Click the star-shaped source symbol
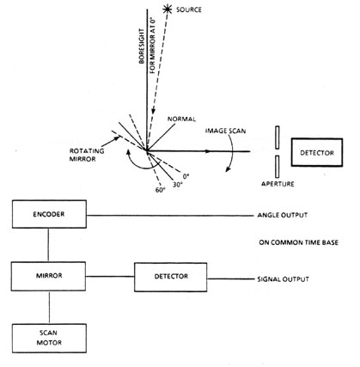167,9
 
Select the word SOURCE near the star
189,9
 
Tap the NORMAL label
181,119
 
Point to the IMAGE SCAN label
226,132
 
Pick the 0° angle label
186,175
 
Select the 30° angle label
178,185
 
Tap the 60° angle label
161,190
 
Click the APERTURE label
278,184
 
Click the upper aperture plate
278,138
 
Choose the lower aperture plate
278,167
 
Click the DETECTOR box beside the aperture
317,152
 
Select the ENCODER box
49,214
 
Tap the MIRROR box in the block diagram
48,276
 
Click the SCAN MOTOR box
49,338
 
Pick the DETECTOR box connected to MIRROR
171,277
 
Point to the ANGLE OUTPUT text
283,215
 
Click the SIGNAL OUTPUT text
283,279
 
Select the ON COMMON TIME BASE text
299,242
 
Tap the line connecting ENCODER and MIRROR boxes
48,245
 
